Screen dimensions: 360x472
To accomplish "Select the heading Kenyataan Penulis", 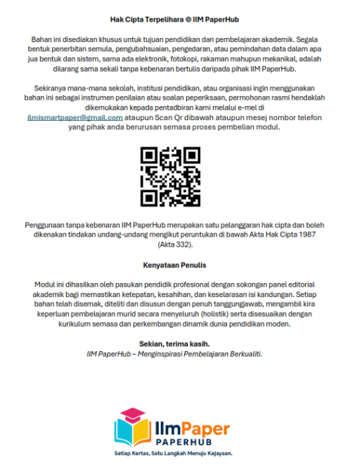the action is click(180, 267).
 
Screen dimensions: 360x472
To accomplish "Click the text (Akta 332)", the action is click(179, 246).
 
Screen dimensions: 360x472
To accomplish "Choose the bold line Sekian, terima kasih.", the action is click(180, 344).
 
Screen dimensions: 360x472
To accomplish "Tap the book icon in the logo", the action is click(133, 426).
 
